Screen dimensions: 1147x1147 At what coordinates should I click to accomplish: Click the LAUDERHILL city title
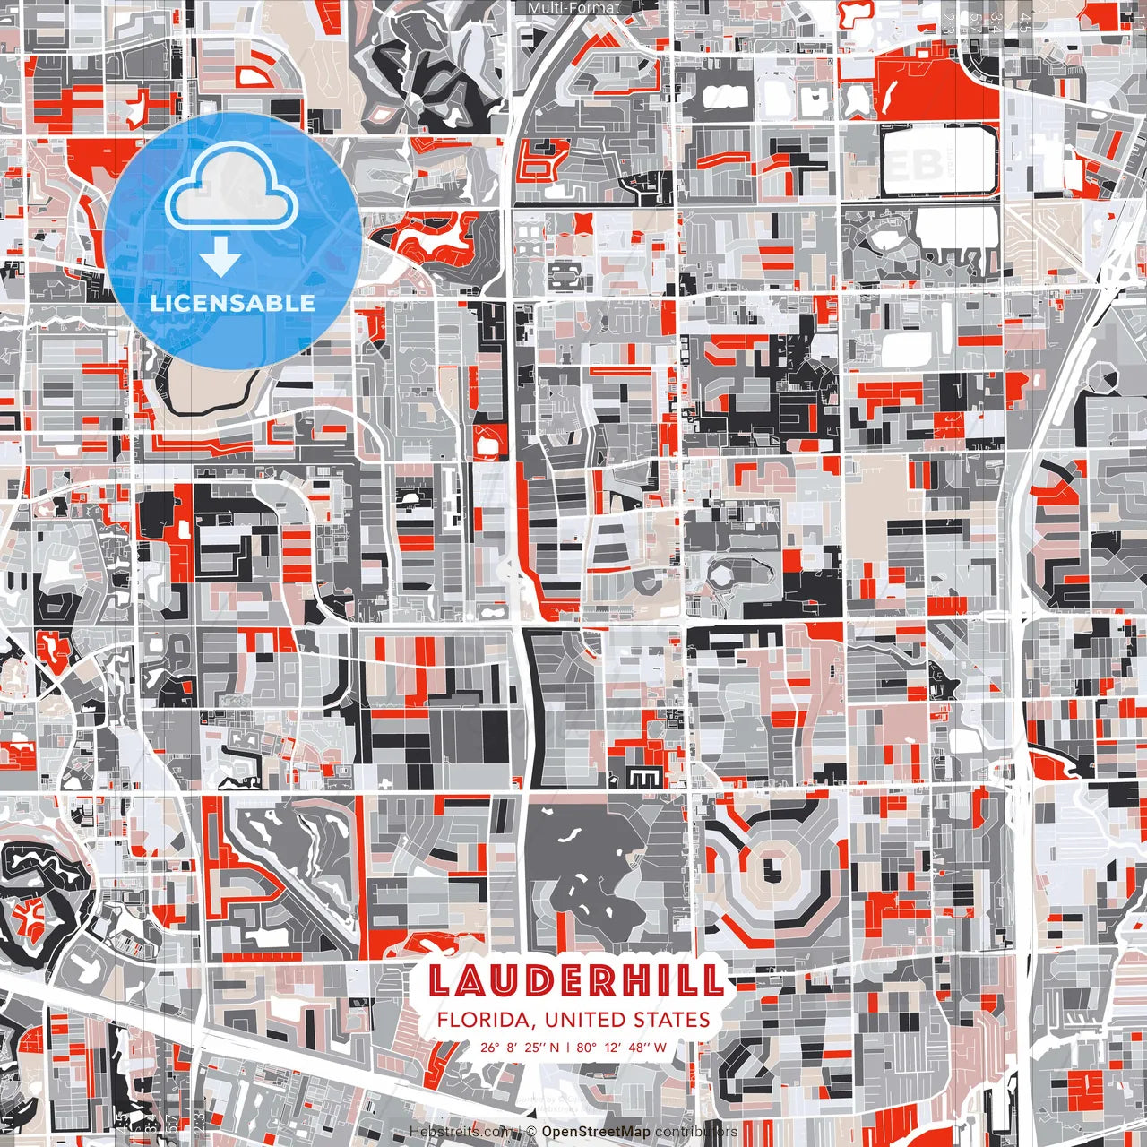(x=575, y=980)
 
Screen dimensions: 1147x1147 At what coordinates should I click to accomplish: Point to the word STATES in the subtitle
(x=674, y=1020)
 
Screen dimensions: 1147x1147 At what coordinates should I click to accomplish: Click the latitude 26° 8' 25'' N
(x=520, y=1047)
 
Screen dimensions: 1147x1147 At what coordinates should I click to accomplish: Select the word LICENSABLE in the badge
(x=233, y=303)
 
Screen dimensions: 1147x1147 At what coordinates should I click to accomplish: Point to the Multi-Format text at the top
(x=573, y=8)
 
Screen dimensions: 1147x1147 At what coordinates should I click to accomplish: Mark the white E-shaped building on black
(x=644, y=777)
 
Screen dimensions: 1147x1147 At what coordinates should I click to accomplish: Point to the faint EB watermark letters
(x=920, y=164)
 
